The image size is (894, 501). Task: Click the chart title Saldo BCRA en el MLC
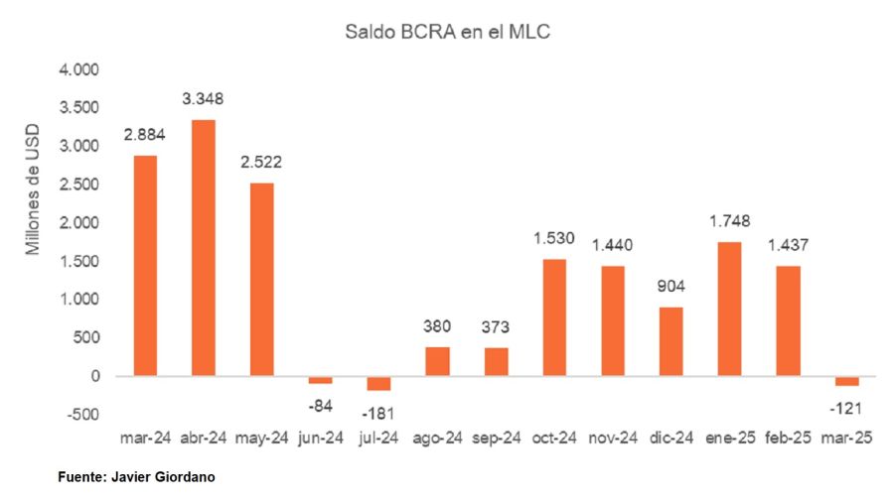click(x=447, y=33)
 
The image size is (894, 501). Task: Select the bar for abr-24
click(x=204, y=248)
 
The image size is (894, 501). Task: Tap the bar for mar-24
click(x=145, y=266)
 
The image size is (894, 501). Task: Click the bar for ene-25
click(x=729, y=309)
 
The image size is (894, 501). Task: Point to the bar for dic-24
click(x=670, y=341)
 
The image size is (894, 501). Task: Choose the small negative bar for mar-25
click(x=846, y=381)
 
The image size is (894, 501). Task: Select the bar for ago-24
click(x=437, y=361)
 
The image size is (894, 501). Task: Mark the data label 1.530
click(x=554, y=238)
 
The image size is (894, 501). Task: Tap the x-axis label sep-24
click(x=496, y=438)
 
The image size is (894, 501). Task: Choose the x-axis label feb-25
click(x=788, y=438)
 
